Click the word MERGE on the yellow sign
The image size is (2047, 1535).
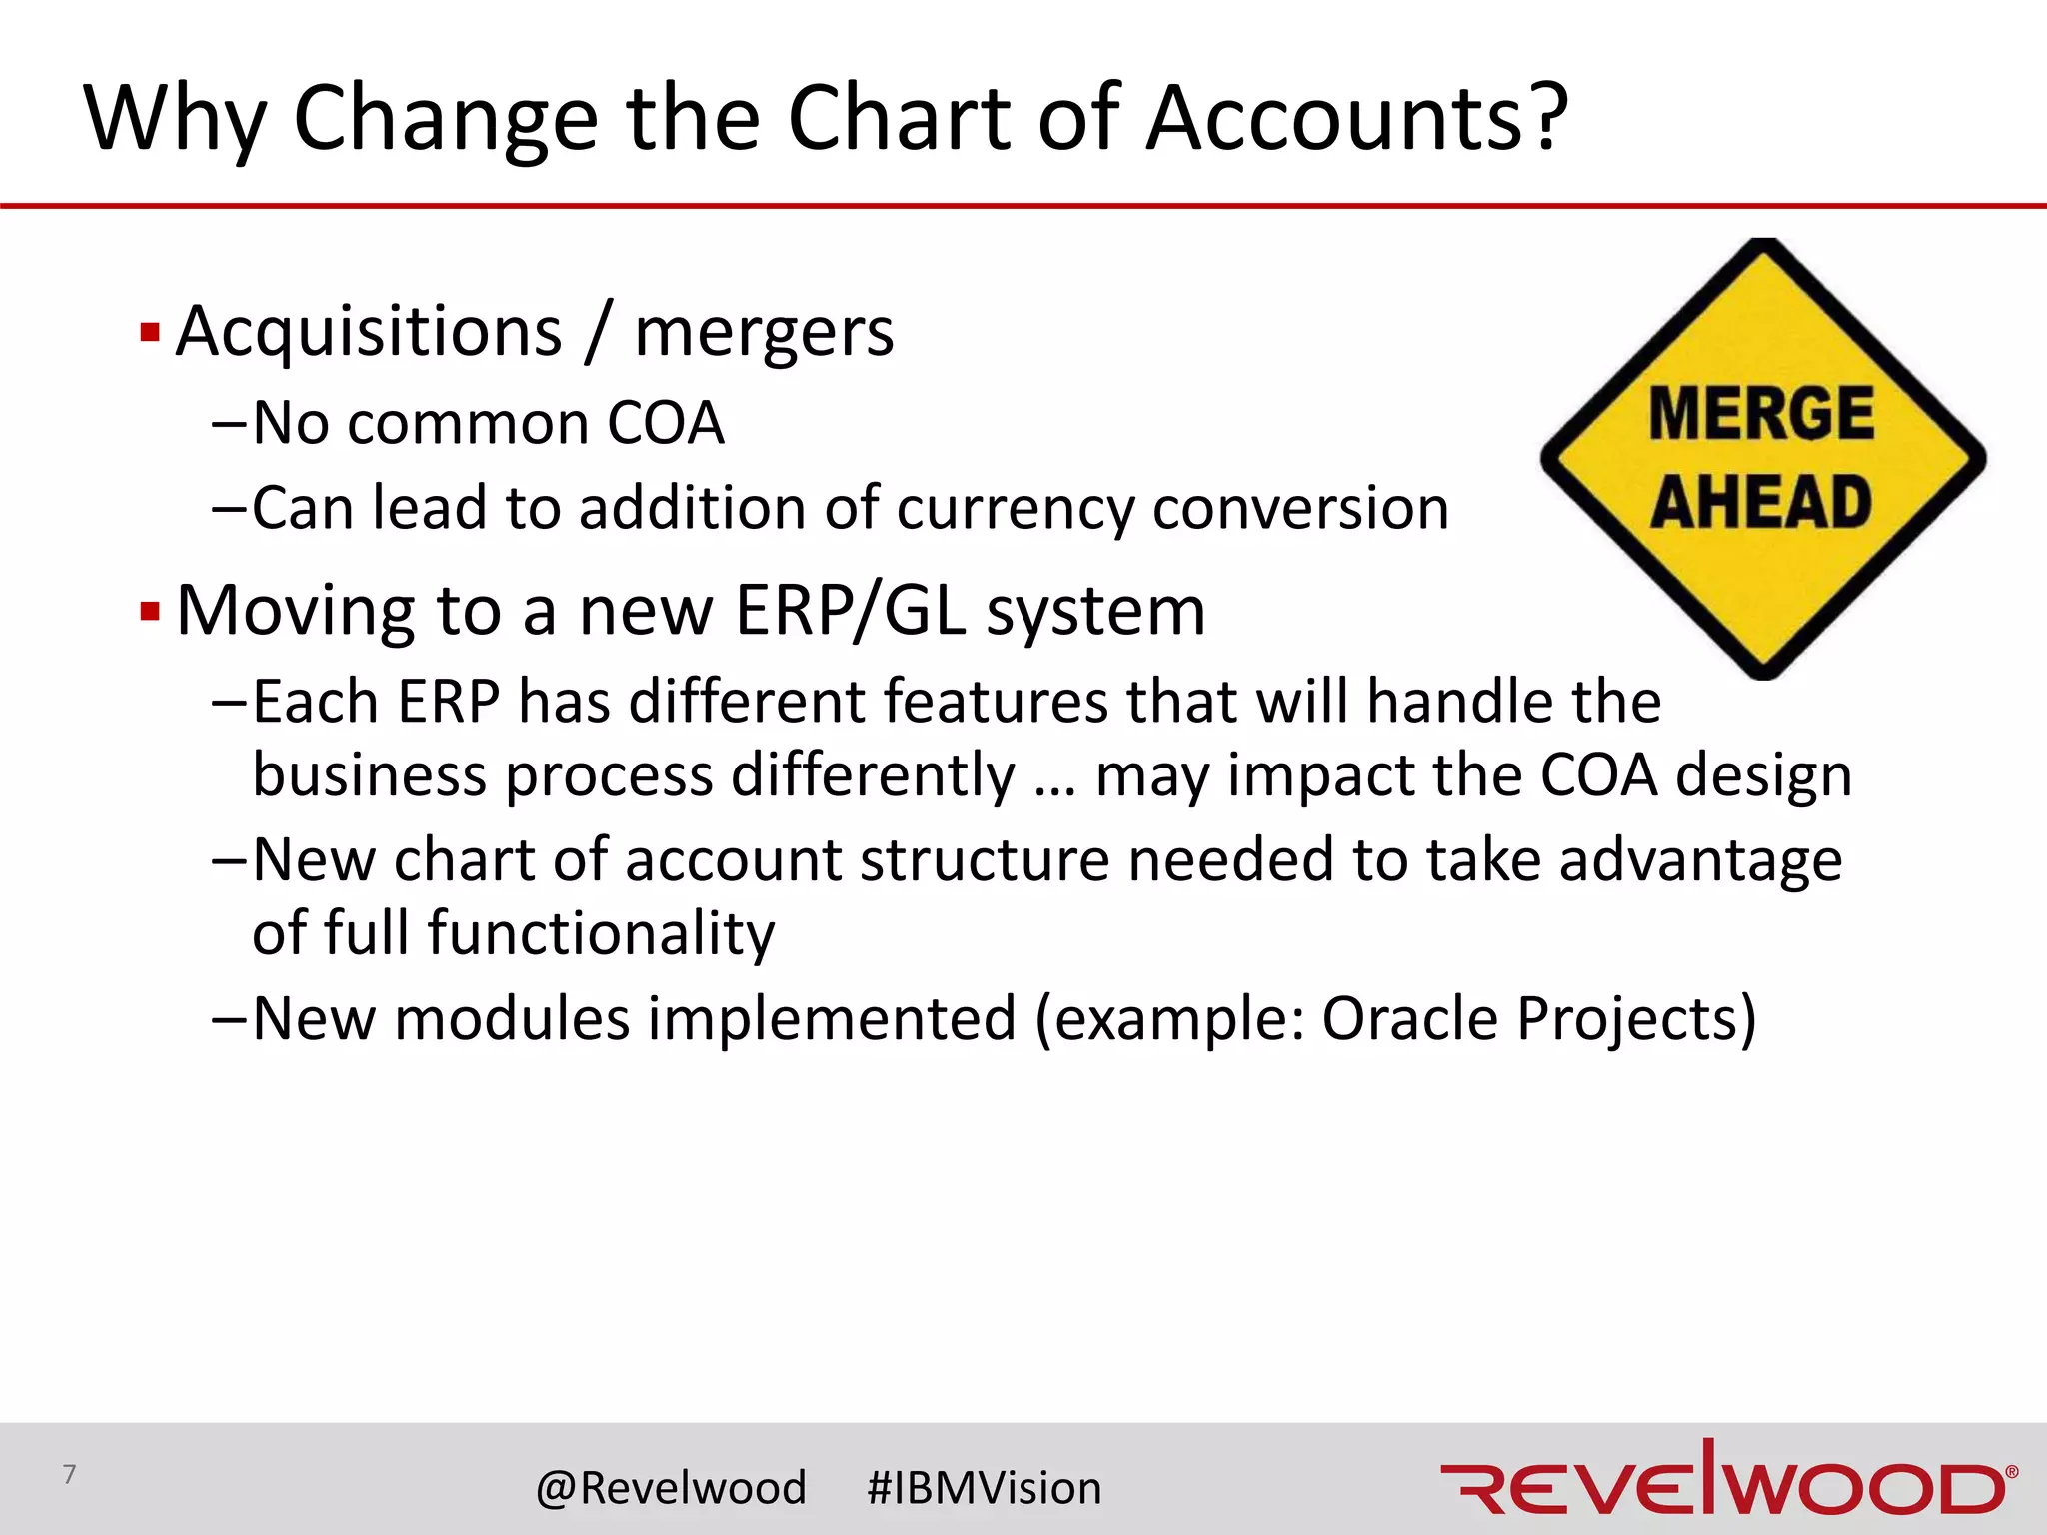[x=1761, y=414]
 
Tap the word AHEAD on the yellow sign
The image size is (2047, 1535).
[x=1761, y=502]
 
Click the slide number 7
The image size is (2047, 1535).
[x=69, y=1474]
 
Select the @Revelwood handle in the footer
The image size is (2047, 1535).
[x=671, y=1488]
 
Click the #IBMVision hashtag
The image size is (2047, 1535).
[x=984, y=1488]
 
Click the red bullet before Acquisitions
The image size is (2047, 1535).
[x=150, y=332]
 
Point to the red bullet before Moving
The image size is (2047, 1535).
[x=150, y=611]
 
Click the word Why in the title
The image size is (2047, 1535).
[x=175, y=120]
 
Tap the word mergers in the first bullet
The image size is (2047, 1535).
[x=764, y=334]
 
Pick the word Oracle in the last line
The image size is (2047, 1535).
[x=1410, y=1019]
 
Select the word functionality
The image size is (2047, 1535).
[x=600, y=935]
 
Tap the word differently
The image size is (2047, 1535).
[x=873, y=775]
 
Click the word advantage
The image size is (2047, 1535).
[x=1700, y=861]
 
